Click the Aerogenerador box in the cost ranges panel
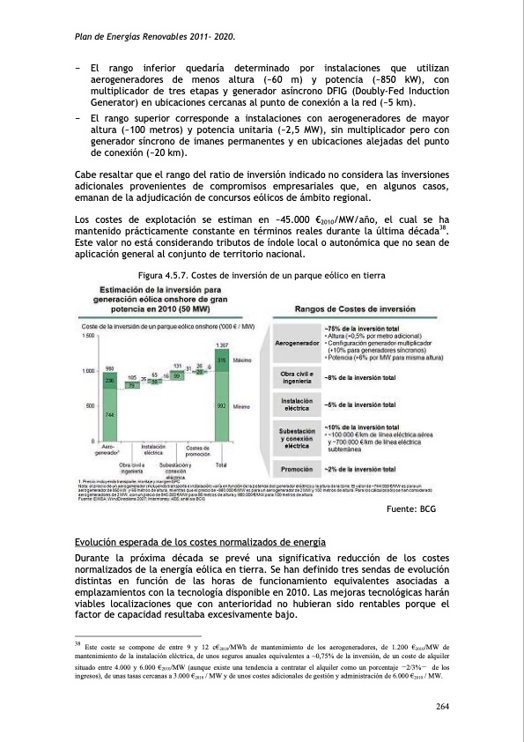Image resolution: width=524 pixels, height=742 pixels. pyautogui.click(x=297, y=342)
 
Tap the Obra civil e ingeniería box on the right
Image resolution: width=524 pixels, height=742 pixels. pyautogui.click(x=297, y=376)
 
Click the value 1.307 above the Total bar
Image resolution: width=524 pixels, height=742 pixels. pyautogui.click(x=223, y=345)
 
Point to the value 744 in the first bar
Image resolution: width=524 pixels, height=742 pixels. pyautogui.click(x=109, y=414)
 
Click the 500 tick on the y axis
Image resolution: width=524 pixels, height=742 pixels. pyautogui.click(x=91, y=405)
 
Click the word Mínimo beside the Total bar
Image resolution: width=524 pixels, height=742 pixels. pyautogui.click(x=242, y=405)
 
